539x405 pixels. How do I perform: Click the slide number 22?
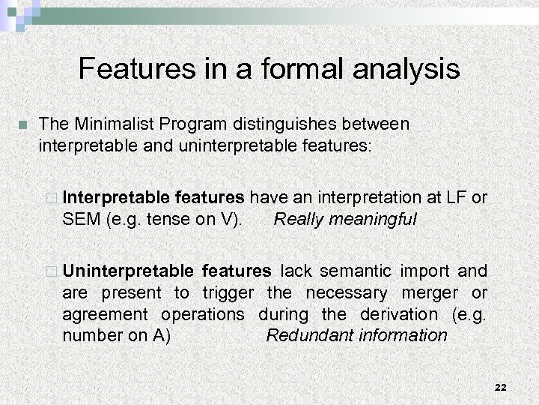pos(501,386)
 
